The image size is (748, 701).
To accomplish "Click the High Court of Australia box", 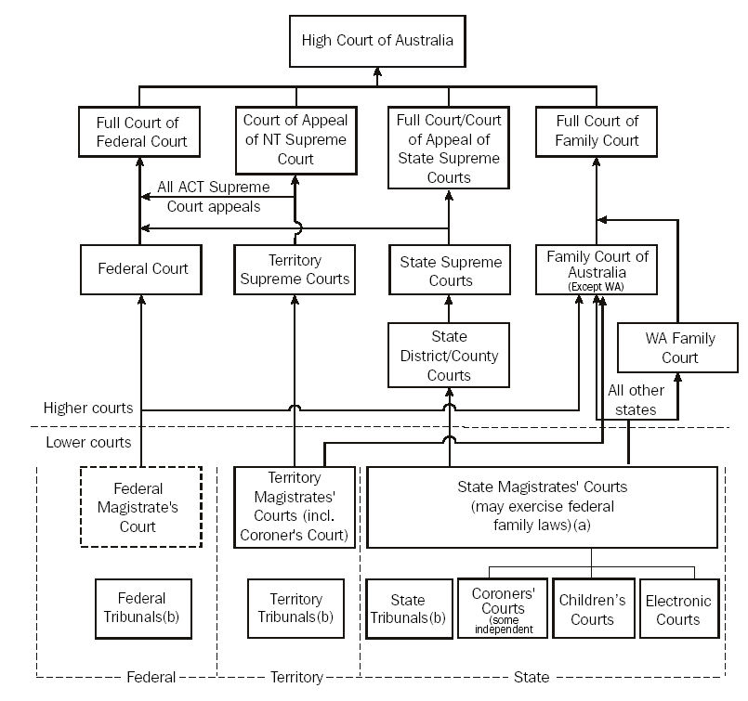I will pos(377,42).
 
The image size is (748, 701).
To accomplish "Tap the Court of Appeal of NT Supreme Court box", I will pos(295,139).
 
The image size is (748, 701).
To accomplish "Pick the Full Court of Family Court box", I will pos(597,132).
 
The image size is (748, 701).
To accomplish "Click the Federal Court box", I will pos(142,269).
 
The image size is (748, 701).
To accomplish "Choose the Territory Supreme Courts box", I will pos(295,269).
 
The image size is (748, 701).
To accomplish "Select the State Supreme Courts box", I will pos(450,271).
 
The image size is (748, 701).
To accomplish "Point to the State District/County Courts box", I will pos(450,356).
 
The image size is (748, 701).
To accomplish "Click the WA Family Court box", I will pos(679,348).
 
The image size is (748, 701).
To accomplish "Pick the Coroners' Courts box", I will pos(503,609).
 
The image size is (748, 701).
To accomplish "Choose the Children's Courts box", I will pos(592,610).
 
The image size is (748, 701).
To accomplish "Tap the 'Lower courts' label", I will pos(88,442).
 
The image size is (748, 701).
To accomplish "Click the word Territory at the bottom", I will pos(295,677).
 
